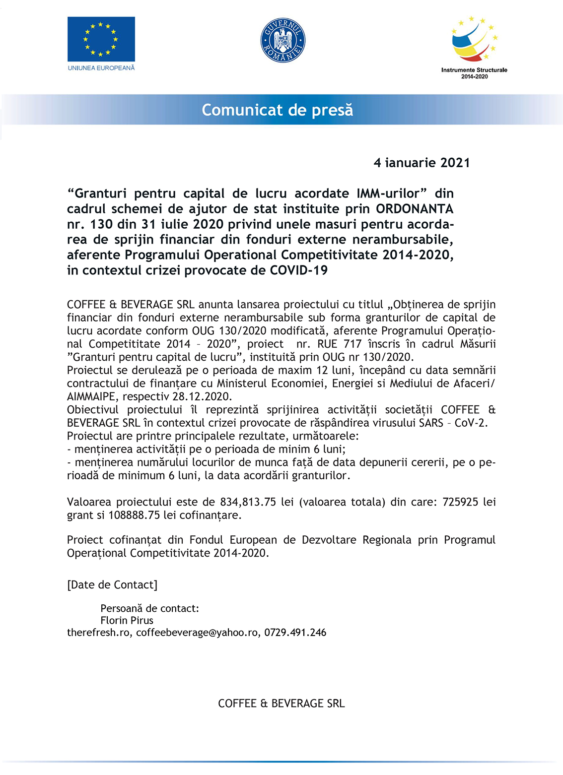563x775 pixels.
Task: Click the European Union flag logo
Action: (101, 39)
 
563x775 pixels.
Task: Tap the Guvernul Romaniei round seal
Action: (282, 41)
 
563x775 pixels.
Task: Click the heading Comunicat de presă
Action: (277, 110)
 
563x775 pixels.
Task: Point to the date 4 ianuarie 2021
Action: (422, 163)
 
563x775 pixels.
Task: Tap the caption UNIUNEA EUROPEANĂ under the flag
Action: (101, 68)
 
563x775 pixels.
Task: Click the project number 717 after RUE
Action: (352, 344)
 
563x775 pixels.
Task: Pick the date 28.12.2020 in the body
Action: (202, 396)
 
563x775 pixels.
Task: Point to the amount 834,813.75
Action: (248, 502)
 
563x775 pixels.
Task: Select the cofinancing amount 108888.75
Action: (134, 515)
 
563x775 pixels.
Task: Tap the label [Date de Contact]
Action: (112, 584)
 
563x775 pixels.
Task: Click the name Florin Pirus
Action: (127, 620)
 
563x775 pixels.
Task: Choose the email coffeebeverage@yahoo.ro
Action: (197, 633)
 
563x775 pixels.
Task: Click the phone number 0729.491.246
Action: (295, 633)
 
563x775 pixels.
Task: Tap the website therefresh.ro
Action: (98, 633)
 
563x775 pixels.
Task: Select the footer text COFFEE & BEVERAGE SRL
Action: (281, 703)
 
